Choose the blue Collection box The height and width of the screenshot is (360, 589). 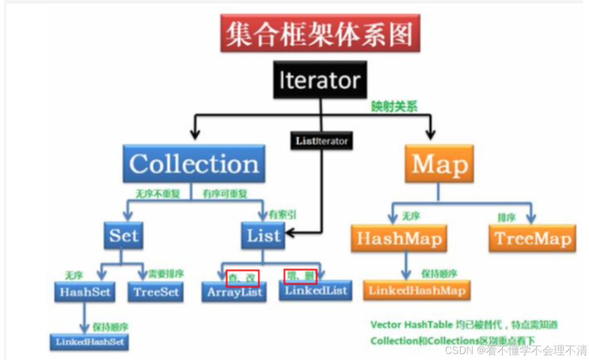pos(194,164)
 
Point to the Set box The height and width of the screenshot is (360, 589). pos(124,235)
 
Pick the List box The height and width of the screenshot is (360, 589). pos(263,236)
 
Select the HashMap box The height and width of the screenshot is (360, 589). pos(399,239)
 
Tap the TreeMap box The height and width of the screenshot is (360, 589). pos(532,239)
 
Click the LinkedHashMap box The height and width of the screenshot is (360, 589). pos(417,290)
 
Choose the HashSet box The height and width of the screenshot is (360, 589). pos(85,292)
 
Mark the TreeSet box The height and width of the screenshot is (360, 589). pos(155,292)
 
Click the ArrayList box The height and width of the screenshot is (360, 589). pos(234,292)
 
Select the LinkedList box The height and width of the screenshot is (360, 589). pos(315,290)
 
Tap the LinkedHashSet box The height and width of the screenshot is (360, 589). pos(89,342)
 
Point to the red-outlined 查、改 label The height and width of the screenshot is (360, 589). pos(242,277)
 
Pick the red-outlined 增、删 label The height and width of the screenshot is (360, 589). pos(300,276)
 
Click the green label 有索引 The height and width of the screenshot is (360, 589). pos(282,214)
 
